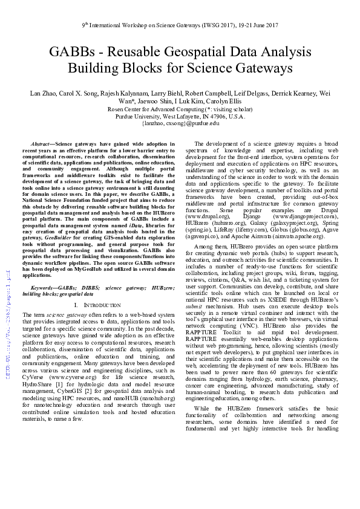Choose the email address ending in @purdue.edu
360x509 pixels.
pos(180,123)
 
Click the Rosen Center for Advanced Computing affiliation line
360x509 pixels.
pos(180,109)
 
